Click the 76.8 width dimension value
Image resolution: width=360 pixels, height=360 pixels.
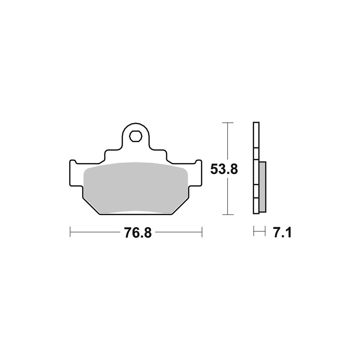click(x=138, y=232)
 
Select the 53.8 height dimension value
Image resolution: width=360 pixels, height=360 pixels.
click(x=224, y=170)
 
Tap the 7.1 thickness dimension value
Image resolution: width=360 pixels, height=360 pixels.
click(x=282, y=232)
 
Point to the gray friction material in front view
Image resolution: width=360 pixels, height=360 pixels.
click(x=135, y=188)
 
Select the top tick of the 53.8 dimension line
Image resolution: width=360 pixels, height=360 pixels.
click(x=228, y=123)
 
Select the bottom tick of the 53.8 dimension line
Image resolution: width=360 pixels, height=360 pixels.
click(x=228, y=215)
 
